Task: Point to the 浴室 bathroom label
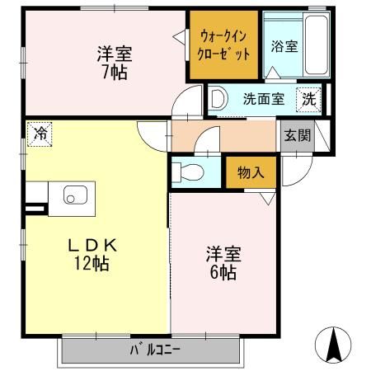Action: [284, 47]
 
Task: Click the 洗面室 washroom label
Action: [263, 99]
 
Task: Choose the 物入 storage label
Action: [250, 173]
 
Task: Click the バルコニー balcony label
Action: [154, 350]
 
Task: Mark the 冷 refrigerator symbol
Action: [39, 134]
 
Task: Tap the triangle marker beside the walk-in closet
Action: [178, 35]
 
